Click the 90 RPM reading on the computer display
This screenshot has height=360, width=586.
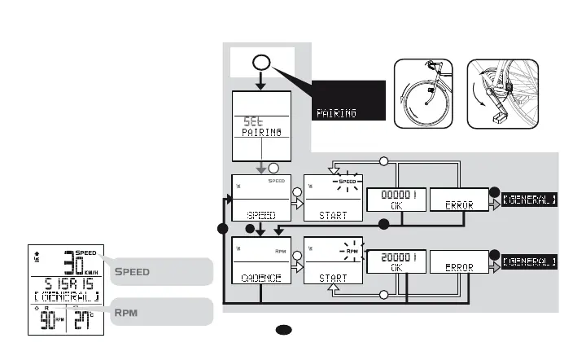[50, 320]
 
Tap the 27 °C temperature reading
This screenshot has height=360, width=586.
[85, 320]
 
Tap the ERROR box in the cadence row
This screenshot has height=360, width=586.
[458, 261]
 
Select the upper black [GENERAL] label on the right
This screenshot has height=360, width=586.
[530, 200]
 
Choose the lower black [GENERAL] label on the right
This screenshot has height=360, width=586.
[530, 261]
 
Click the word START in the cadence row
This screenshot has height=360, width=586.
[333, 277]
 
